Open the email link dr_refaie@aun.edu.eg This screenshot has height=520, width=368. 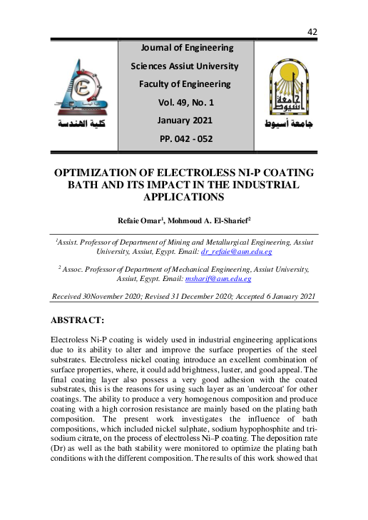click(236, 252)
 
